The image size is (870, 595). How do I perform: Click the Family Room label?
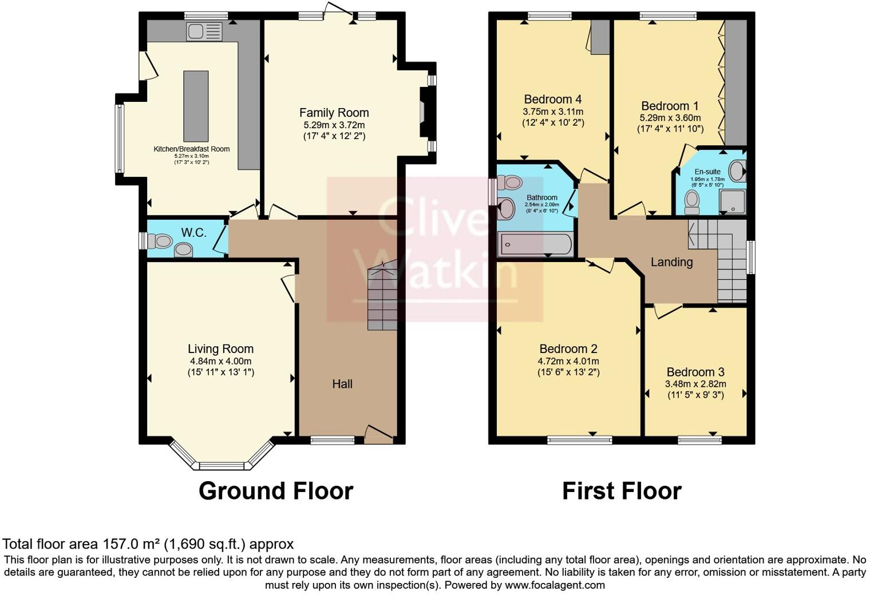point(334,113)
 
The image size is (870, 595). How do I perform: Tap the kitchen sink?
point(204,31)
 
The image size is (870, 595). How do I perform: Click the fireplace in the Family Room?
point(424,112)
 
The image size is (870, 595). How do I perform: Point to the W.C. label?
point(193,233)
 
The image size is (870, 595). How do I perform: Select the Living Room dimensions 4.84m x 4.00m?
point(220,361)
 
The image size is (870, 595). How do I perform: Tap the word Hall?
point(342,384)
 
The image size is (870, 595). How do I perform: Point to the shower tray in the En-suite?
point(732,201)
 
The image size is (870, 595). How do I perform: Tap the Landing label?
point(671,262)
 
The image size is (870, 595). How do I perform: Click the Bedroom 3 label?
point(695,372)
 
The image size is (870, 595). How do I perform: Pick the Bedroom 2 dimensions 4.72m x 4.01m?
point(568,361)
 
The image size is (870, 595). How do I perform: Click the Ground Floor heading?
point(275,491)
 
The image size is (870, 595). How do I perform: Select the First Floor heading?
point(622,491)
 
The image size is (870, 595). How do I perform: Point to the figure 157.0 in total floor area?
point(121,544)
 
